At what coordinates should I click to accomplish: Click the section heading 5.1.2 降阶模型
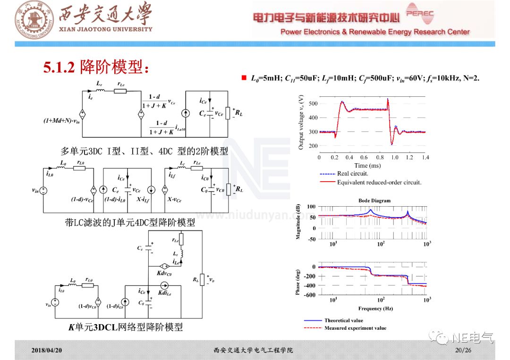click(x=96, y=67)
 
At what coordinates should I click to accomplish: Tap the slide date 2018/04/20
click(x=47, y=351)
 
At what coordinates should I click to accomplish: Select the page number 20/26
click(x=463, y=351)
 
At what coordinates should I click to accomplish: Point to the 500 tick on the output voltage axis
click(x=312, y=103)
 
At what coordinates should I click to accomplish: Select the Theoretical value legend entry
click(x=344, y=320)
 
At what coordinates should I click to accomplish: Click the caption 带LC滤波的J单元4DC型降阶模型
click(x=130, y=222)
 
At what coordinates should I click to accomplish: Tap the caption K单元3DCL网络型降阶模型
click(x=126, y=327)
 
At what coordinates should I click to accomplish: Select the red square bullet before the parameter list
click(x=244, y=77)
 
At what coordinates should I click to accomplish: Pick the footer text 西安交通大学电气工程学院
click(x=253, y=351)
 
